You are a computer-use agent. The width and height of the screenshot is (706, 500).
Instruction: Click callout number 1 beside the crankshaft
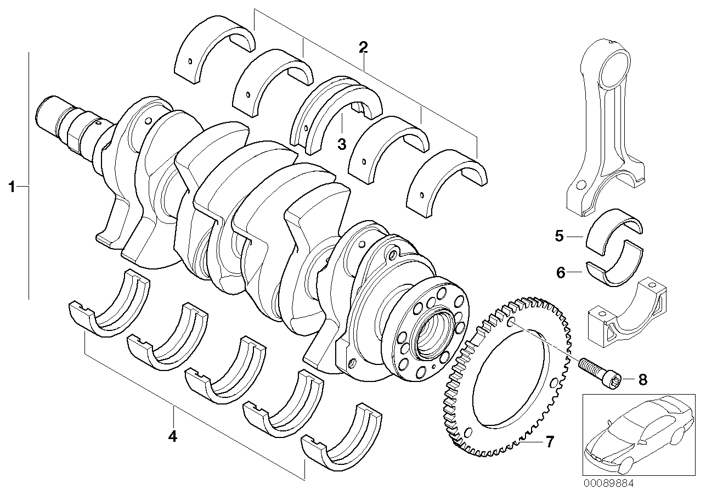11,187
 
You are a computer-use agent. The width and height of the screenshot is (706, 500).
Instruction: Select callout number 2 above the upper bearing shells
363,47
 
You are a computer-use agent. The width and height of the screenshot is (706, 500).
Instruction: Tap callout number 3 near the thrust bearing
341,144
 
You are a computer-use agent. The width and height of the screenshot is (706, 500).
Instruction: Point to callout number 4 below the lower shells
173,437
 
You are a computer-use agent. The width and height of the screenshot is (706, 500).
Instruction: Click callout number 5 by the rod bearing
560,237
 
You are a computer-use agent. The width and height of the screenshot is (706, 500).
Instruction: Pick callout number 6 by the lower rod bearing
561,272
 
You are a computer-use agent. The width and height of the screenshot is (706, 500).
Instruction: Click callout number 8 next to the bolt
642,379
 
